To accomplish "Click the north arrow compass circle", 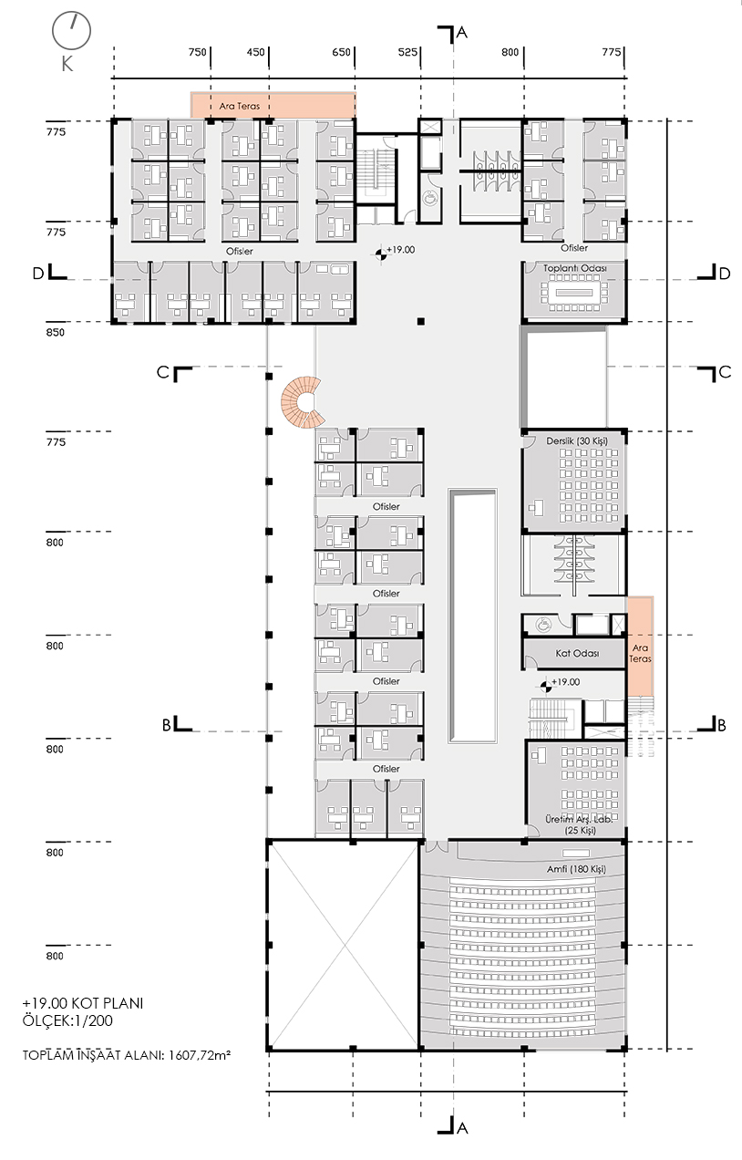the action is click(x=71, y=32).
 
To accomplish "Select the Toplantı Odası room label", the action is click(x=575, y=268).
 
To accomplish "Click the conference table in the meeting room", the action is click(x=574, y=293).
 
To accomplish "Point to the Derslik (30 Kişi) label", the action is click(x=577, y=441).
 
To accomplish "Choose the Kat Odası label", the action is click(x=577, y=653).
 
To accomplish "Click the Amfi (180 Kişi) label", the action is click(x=576, y=869).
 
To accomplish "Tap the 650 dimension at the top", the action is click(x=341, y=52).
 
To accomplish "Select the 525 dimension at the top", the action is click(x=407, y=52).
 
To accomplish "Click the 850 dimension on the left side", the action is click(x=56, y=333).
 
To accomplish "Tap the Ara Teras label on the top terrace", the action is click(x=239, y=106).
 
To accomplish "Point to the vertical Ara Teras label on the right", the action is click(x=640, y=653).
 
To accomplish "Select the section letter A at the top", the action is click(x=462, y=33).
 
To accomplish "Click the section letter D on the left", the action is click(x=38, y=274).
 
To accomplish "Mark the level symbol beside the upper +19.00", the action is click(x=381, y=254).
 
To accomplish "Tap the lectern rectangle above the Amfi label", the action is click(x=576, y=853).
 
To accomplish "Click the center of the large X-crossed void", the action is click(x=345, y=946).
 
